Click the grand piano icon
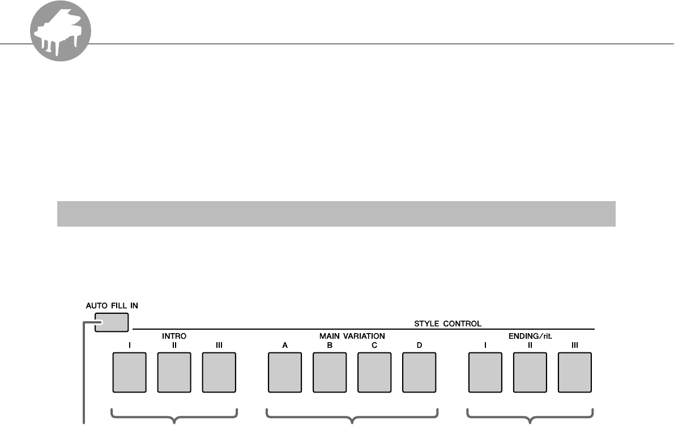61,35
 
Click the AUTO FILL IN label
112,305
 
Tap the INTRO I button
130,372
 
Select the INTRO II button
174,372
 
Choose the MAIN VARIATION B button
330,372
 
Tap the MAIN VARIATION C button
374,372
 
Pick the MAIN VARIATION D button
419,372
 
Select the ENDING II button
530,372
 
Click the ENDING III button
575,372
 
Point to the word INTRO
174,336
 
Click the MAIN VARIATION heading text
352,336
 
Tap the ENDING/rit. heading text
530,336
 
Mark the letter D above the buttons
419,344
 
